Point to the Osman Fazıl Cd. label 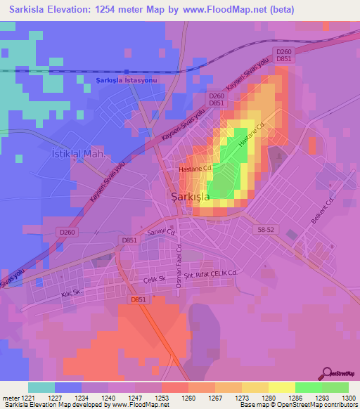pyautogui.click(x=178, y=262)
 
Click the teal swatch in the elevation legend pyautogui.click(x=41, y=387)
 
